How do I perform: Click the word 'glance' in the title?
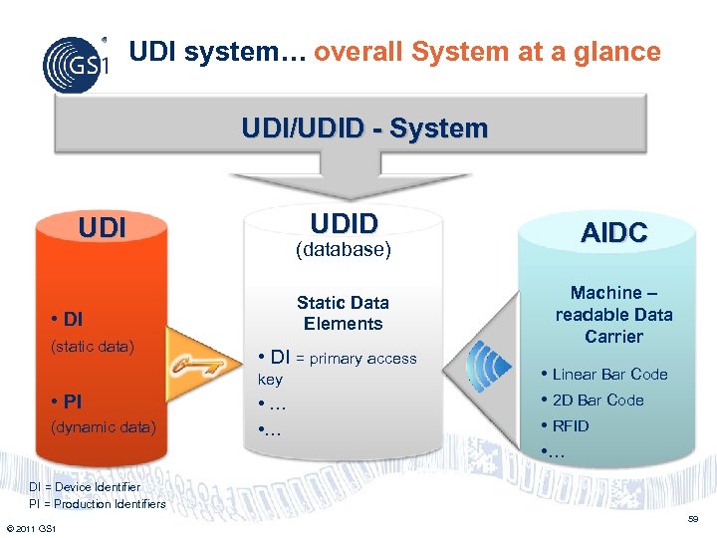618,52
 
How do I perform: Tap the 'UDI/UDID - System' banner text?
364,129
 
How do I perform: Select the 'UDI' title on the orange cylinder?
103,228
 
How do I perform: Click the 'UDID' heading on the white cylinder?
344,222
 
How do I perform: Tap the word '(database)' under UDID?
344,250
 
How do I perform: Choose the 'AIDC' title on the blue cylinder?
614,233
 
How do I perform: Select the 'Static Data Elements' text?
343,313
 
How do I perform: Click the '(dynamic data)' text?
103,427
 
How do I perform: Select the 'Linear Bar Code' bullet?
608,375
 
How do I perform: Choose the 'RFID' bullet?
570,426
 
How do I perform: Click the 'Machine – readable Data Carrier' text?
613,315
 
